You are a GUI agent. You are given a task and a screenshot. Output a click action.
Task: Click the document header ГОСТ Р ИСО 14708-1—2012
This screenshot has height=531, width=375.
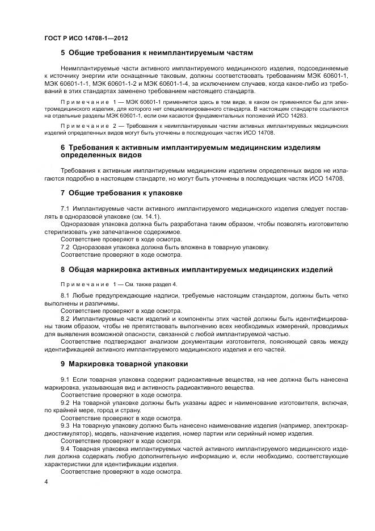[86, 38]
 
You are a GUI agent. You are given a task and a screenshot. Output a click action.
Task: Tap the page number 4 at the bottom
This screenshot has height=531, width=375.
[46, 482]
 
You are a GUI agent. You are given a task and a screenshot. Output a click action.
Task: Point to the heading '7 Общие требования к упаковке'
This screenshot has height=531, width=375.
[121, 193]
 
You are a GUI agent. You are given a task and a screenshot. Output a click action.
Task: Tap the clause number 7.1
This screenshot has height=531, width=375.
[65, 210]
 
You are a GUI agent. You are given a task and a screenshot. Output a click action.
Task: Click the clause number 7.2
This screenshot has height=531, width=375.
[65, 247]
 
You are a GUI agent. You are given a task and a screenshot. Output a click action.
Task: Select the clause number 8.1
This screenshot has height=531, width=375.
[65, 296]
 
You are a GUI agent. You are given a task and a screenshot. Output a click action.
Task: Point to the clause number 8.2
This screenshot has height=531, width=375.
[65, 319]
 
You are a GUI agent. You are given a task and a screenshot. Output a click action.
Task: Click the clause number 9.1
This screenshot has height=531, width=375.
[65, 379]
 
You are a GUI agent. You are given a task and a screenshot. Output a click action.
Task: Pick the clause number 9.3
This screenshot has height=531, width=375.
[65, 425]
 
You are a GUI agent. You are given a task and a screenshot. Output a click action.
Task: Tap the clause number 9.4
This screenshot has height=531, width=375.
[65, 448]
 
